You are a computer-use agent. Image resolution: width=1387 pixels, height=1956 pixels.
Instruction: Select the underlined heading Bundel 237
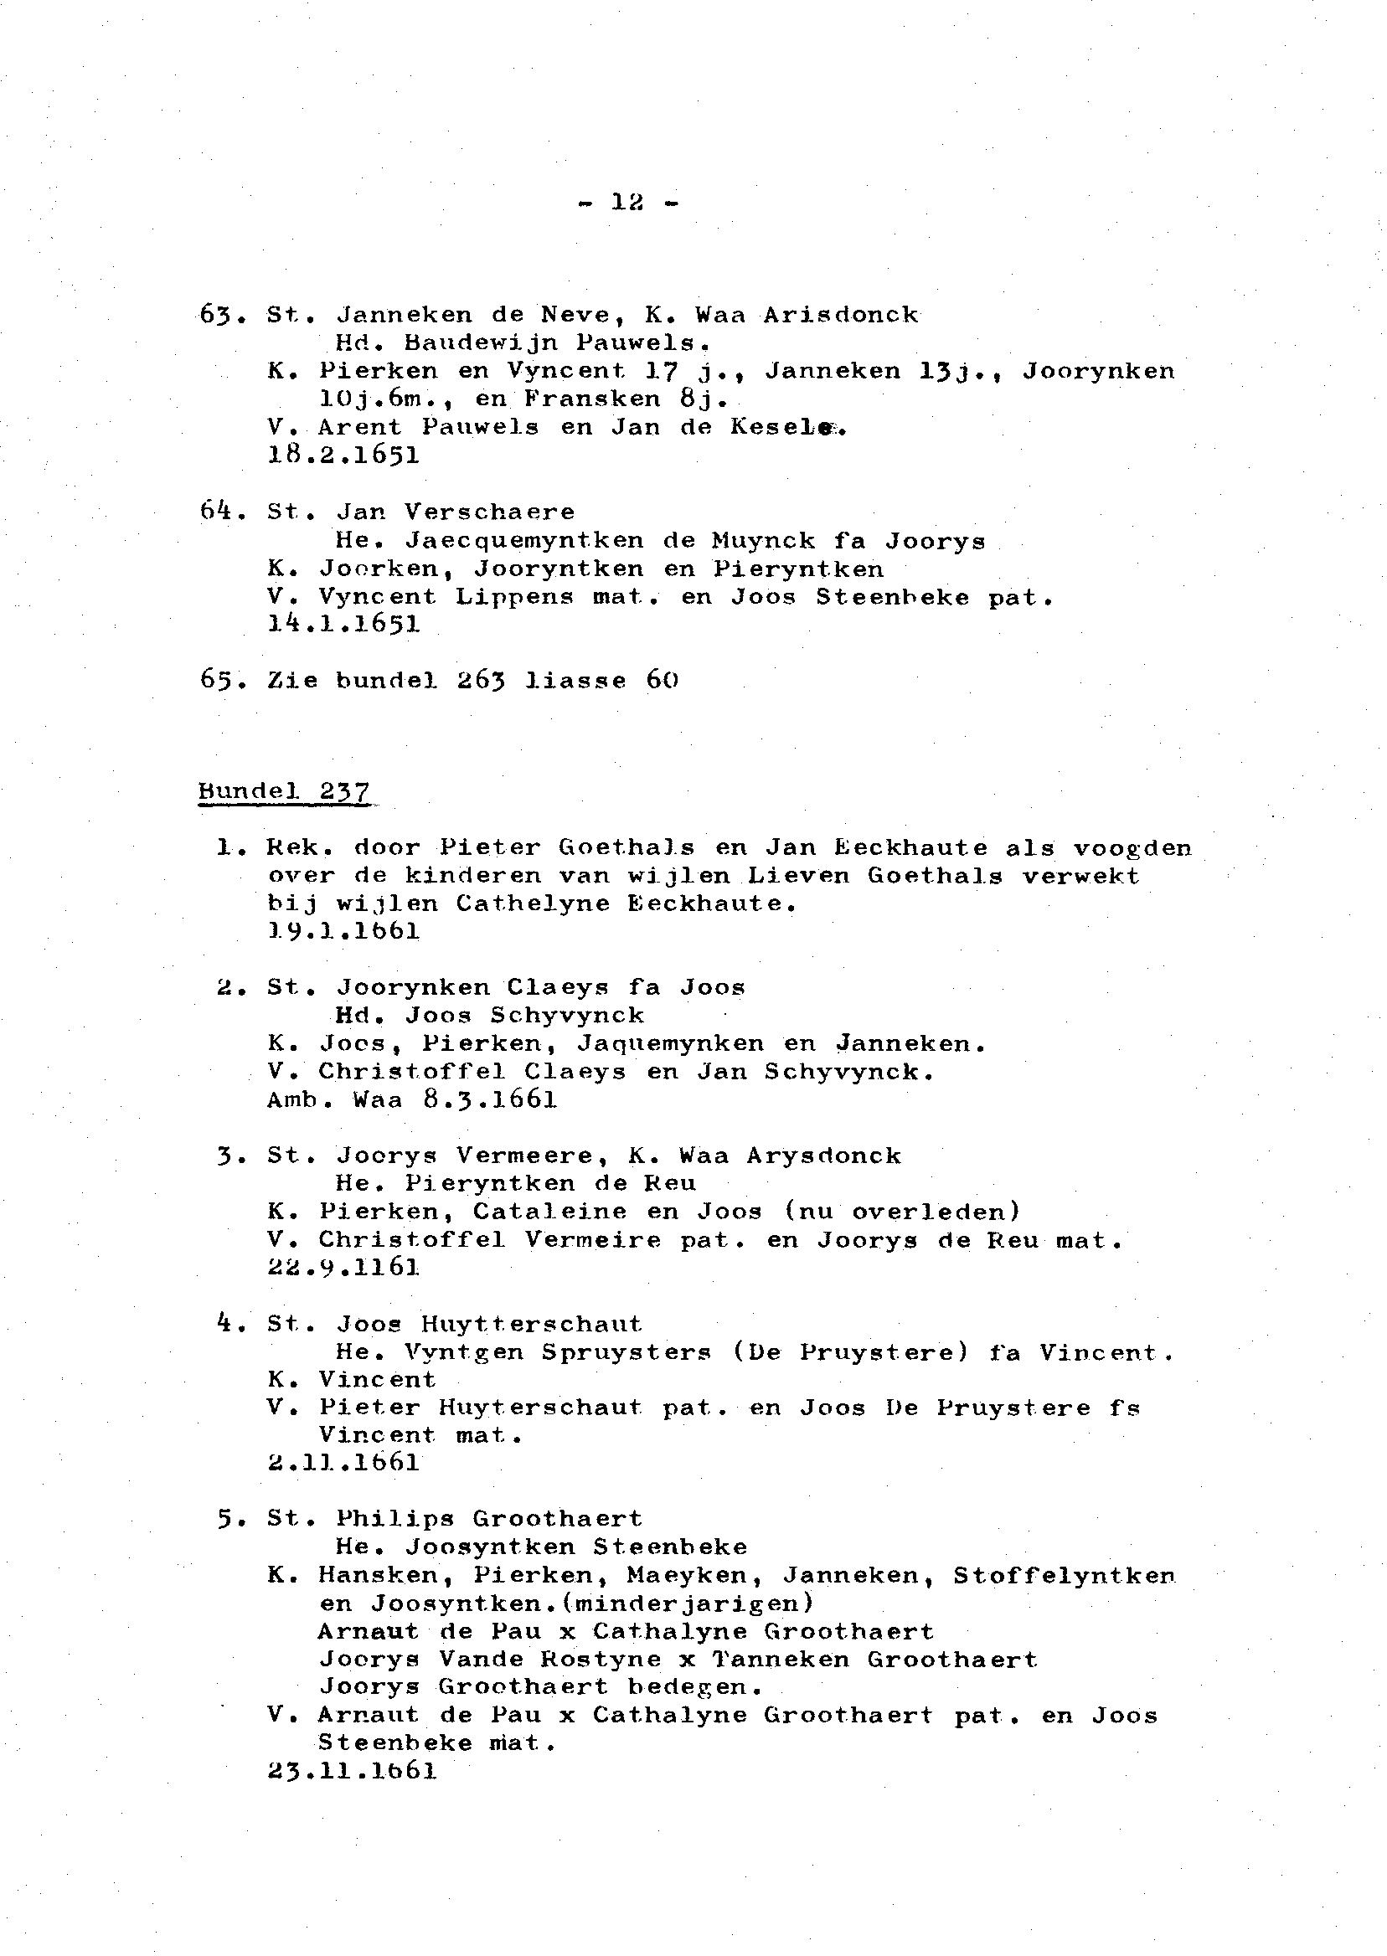[x=285, y=791]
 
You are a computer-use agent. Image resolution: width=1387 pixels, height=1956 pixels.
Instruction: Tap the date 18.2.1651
[x=343, y=455]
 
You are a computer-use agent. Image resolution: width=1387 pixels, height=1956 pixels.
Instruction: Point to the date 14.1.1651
[x=343, y=624]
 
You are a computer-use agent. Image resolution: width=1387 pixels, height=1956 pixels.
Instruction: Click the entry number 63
[x=220, y=315]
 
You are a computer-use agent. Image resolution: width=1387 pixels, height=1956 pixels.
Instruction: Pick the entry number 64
[x=220, y=512]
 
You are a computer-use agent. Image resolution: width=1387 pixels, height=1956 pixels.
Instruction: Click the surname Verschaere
[x=489, y=512]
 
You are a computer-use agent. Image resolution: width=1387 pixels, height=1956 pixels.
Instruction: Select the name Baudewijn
[x=480, y=343]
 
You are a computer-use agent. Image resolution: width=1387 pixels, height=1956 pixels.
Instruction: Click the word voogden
[x=1132, y=848]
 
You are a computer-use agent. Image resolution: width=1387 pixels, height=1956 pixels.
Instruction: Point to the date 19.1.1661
[x=343, y=931]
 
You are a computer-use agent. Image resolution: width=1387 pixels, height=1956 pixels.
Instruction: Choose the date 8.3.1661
[x=489, y=1099]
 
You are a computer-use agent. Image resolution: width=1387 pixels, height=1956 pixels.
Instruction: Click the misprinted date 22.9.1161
[x=343, y=1267]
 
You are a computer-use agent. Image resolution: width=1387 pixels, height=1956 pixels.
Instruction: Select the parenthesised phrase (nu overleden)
[x=902, y=1212]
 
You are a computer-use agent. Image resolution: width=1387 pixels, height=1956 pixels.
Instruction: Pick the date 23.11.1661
[x=352, y=1772]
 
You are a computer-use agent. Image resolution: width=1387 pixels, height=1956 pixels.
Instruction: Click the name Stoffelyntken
[x=1064, y=1575]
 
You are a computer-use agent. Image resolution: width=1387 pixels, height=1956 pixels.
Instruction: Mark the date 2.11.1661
[x=343, y=1464]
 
